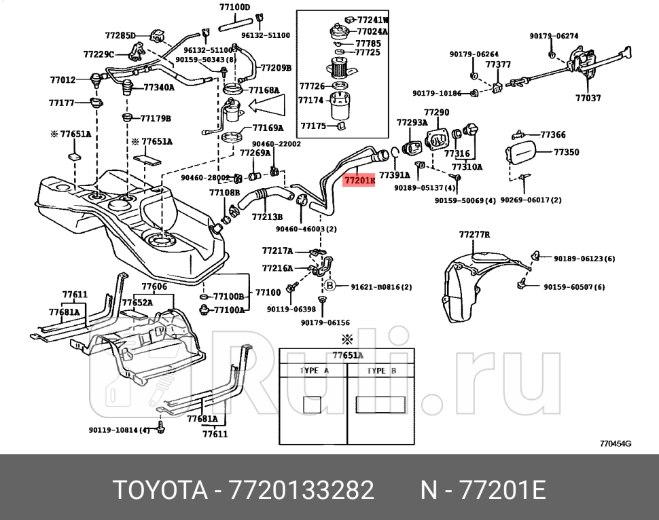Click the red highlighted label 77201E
(359, 181)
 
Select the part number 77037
(588, 98)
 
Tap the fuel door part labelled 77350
(566, 152)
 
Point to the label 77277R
(474, 235)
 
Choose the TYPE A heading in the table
(314, 371)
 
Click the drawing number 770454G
(615, 444)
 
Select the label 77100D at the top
(234, 7)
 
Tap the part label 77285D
(120, 35)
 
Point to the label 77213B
(267, 217)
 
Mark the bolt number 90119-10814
(119, 430)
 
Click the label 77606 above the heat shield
(154, 286)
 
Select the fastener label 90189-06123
(584, 259)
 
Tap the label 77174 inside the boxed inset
(311, 100)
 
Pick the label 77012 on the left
(63, 79)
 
